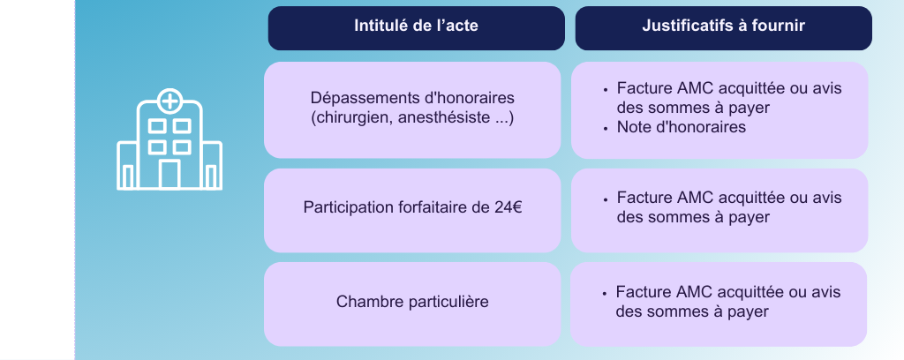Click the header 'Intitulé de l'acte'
pyautogui.click(x=416, y=26)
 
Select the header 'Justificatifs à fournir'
pyautogui.click(x=724, y=26)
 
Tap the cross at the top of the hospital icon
pyautogui.click(x=169, y=101)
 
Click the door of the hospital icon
pyautogui.click(x=169, y=175)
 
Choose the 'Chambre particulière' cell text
pyautogui.click(x=412, y=302)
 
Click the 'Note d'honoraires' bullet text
pyautogui.click(x=682, y=127)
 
